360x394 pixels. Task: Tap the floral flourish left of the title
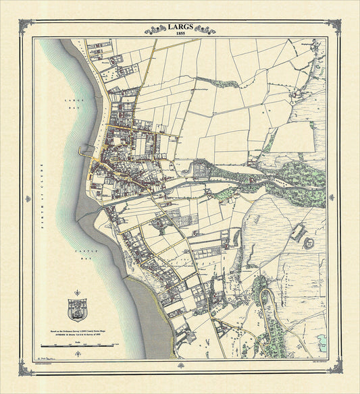tap(157, 29)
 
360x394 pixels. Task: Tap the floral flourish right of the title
tap(203, 29)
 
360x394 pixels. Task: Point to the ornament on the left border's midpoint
tap(28, 198)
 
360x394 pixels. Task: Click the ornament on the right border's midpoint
tap(332, 198)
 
